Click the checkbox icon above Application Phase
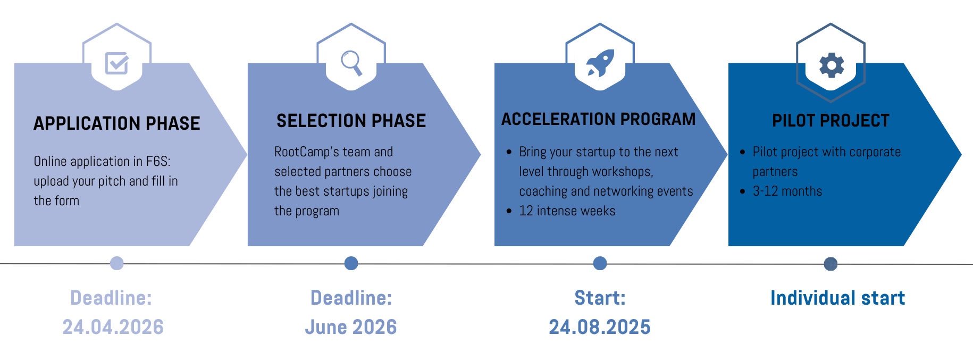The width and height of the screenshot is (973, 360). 117,63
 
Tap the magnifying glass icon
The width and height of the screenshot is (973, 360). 351,63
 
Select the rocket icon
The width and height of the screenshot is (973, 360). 600,63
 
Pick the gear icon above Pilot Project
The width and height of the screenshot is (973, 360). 831,65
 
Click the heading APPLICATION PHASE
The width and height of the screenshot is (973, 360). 117,123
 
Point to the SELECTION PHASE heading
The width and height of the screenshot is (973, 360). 351,121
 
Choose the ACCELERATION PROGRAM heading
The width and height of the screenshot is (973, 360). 598,119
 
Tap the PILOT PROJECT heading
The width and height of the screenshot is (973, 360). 831,121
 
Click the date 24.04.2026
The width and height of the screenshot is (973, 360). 113,327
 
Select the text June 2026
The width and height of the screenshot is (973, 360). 351,327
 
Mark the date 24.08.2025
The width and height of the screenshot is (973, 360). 600,327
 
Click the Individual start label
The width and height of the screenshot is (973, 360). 837,298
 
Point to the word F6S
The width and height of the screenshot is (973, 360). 157,162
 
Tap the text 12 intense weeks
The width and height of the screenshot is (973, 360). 567,211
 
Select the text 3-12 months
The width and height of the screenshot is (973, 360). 787,191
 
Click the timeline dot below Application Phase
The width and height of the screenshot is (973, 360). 117,263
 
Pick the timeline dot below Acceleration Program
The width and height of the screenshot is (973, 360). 600,263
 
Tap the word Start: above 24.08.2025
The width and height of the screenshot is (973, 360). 600,298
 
